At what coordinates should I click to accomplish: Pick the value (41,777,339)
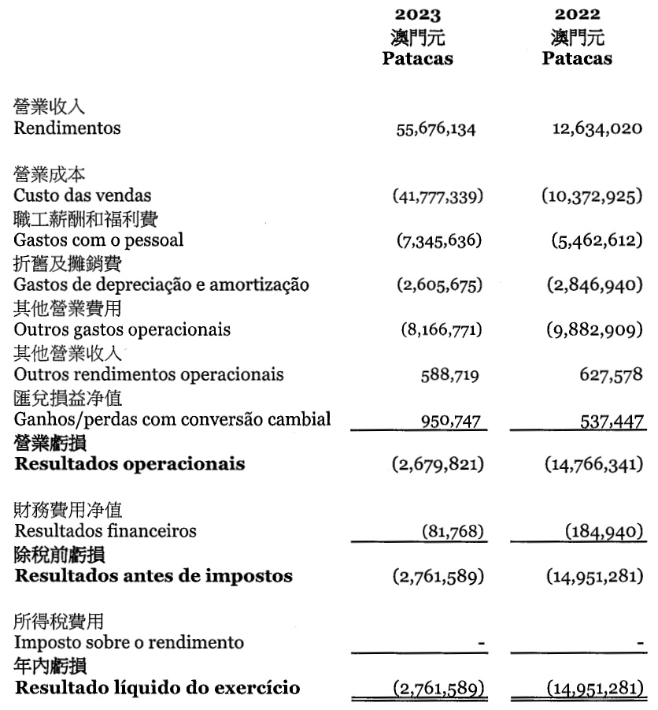(438, 196)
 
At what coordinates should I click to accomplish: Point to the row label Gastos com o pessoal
(98, 240)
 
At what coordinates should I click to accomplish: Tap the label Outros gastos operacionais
(122, 329)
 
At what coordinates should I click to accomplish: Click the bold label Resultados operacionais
(129, 464)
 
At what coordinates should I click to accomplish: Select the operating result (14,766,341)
(592, 464)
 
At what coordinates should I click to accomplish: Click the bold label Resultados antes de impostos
(153, 576)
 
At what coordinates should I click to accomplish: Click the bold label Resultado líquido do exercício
(157, 688)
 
